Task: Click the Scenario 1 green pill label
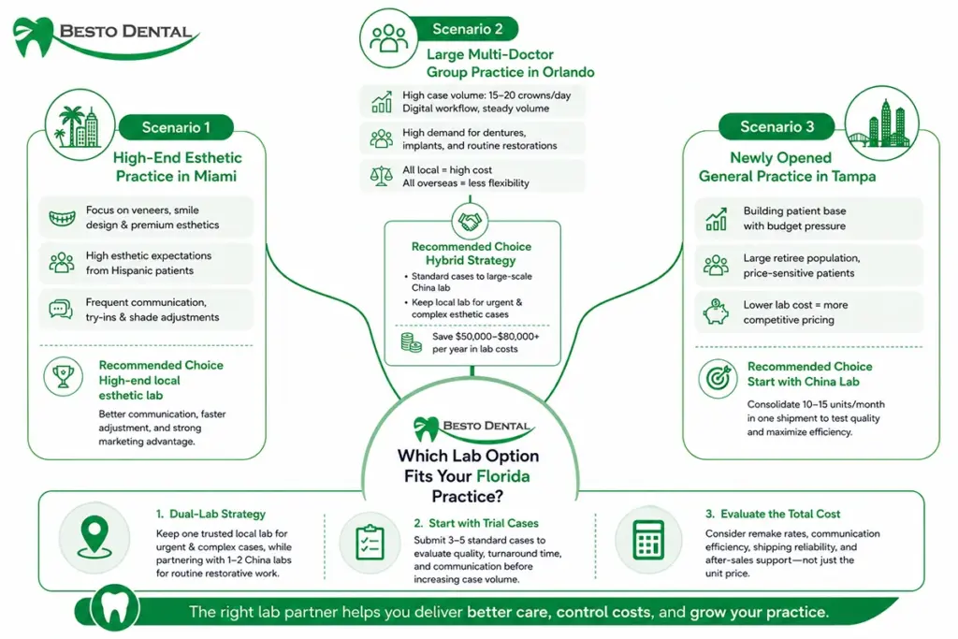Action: (x=176, y=127)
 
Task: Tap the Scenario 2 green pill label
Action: (x=467, y=29)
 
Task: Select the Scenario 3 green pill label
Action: (x=777, y=126)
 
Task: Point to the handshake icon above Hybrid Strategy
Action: (x=470, y=221)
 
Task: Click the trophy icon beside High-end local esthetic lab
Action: (x=63, y=376)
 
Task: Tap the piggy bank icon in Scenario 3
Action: (x=716, y=312)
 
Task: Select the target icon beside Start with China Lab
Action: (x=718, y=379)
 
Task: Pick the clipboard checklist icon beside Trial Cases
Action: (x=370, y=543)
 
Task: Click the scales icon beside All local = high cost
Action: (x=382, y=176)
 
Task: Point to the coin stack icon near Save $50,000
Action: (x=412, y=342)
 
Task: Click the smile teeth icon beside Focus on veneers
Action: (x=63, y=217)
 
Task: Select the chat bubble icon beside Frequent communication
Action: (x=61, y=310)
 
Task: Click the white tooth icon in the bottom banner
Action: (x=115, y=608)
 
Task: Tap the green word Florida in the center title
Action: (x=502, y=476)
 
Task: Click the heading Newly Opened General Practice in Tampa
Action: (x=787, y=167)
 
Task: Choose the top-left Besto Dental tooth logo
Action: (x=35, y=36)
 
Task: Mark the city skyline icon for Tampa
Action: (x=882, y=124)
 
